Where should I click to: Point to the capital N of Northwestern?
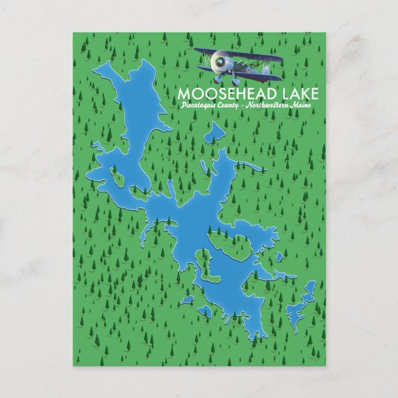[248, 108]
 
